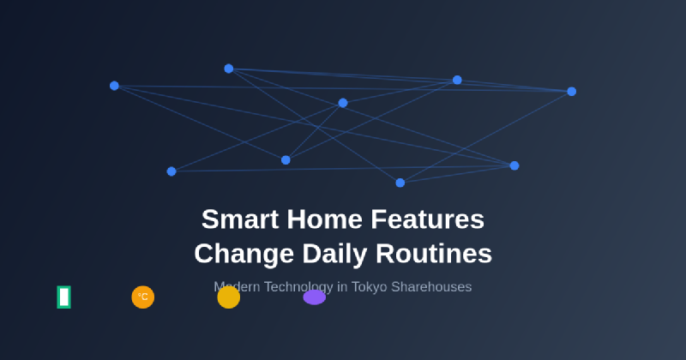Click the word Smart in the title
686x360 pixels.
240,219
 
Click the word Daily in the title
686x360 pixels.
335,254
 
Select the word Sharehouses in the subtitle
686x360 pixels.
431,287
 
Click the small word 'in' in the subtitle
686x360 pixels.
342,287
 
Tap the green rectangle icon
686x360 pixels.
63,297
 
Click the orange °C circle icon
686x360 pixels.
142,297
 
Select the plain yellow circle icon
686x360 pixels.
228,297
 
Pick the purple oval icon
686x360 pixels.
314,297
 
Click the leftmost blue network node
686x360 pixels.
114,86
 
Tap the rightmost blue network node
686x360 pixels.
571,92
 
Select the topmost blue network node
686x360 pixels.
228,69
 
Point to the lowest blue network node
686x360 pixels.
400,183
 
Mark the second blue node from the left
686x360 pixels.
171,171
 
